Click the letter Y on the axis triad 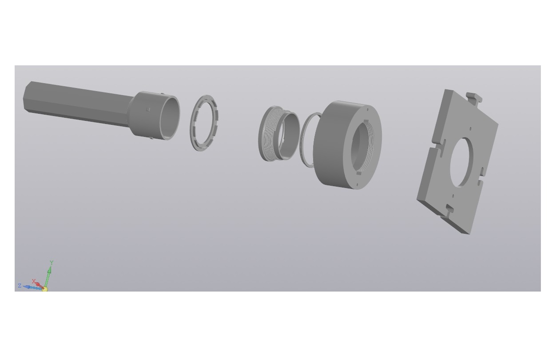pos(52,263)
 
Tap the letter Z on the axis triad pos(20,285)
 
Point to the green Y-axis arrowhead pos(50,269)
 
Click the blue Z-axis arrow pos(32,287)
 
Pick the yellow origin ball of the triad pos(45,289)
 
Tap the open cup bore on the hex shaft pos(170,117)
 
